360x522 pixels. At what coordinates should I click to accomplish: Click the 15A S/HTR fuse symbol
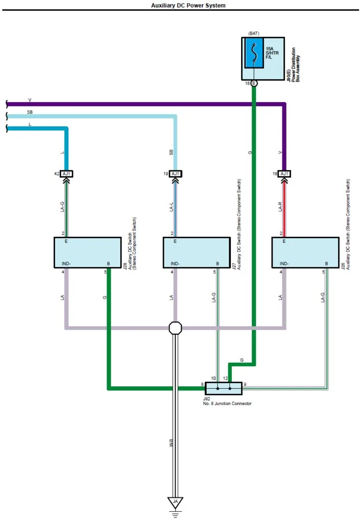254,53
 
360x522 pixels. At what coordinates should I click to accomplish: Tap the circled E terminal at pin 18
254,83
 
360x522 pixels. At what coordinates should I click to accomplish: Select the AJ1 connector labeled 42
66,174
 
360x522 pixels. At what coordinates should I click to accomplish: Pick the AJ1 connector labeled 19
175,174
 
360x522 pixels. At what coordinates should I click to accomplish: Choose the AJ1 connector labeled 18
284,174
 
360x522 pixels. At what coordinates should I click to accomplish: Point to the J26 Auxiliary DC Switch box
305,253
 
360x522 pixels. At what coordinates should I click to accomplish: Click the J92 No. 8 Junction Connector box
223,388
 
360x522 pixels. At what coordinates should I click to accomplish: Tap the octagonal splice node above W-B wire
175,328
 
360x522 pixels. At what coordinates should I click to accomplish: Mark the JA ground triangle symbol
175,502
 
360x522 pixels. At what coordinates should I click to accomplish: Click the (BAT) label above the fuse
254,34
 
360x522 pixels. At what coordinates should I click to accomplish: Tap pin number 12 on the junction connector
225,378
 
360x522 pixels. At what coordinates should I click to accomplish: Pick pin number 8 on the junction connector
202,384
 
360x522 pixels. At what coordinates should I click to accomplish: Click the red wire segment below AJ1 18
284,209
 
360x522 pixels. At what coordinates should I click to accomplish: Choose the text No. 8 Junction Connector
227,404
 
